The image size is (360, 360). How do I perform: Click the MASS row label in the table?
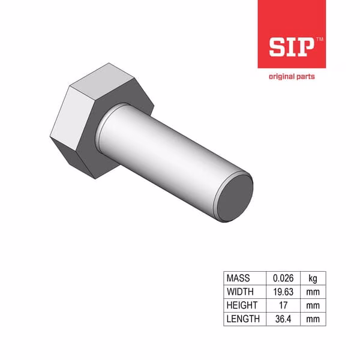(238, 278)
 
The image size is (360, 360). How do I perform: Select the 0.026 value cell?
(283, 278)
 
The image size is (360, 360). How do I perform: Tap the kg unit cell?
(313, 278)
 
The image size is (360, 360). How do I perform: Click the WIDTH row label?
(240, 292)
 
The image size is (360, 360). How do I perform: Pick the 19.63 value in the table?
(283, 292)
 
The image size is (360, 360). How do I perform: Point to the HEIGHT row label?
(242, 305)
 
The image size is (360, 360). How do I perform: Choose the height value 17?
(283, 305)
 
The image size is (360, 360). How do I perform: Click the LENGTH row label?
(243, 319)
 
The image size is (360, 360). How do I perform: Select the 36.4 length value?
(283, 319)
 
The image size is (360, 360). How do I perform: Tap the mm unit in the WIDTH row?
(313, 292)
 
